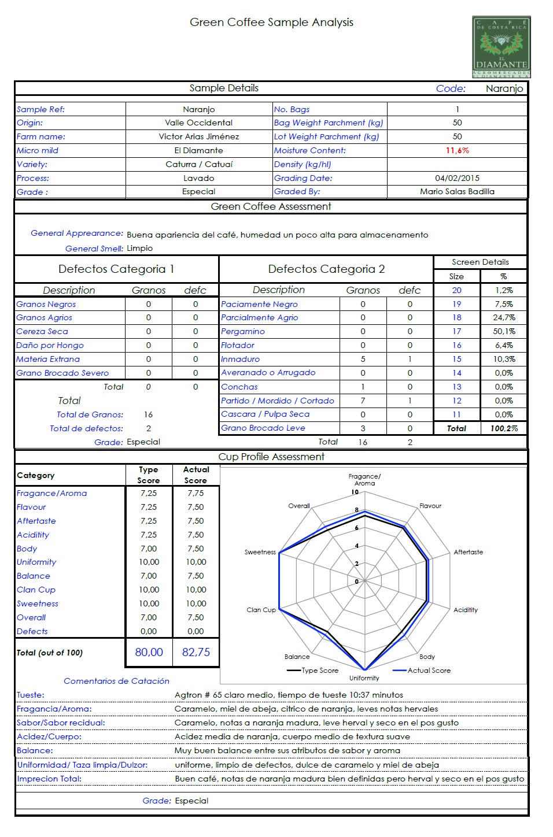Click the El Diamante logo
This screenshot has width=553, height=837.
(x=501, y=47)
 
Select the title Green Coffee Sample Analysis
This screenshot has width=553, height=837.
(x=271, y=23)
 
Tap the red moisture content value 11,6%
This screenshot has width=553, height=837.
(x=457, y=150)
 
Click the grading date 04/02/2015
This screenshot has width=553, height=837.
(x=457, y=178)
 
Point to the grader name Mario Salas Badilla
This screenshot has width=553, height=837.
(x=457, y=191)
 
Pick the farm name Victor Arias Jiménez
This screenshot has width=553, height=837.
(x=198, y=136)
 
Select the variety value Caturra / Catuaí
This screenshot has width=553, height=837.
(x=198, y=164)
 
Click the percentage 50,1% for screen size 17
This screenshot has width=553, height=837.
(x=504, y=331)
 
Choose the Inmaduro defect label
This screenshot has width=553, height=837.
(x=240, y=359)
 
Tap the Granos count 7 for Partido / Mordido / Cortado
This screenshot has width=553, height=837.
(x=363, y=401)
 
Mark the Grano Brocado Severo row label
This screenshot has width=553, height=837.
(x=62, y=373)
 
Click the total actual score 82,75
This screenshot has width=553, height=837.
(x=196, y=652)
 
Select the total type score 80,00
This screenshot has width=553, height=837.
(x=149, y=652)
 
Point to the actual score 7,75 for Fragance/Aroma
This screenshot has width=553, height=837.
(x=196, y=493)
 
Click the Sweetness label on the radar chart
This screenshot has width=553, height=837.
(x=260, y=552)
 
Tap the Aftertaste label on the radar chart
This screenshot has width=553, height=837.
(x=468, y=552)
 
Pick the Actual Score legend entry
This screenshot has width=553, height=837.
(x=429, y=671)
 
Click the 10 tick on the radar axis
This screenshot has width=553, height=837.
(x=355, y=492)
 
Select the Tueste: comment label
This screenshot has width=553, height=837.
(x=31, y=695)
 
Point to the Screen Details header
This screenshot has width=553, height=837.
(x=480, y=262)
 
